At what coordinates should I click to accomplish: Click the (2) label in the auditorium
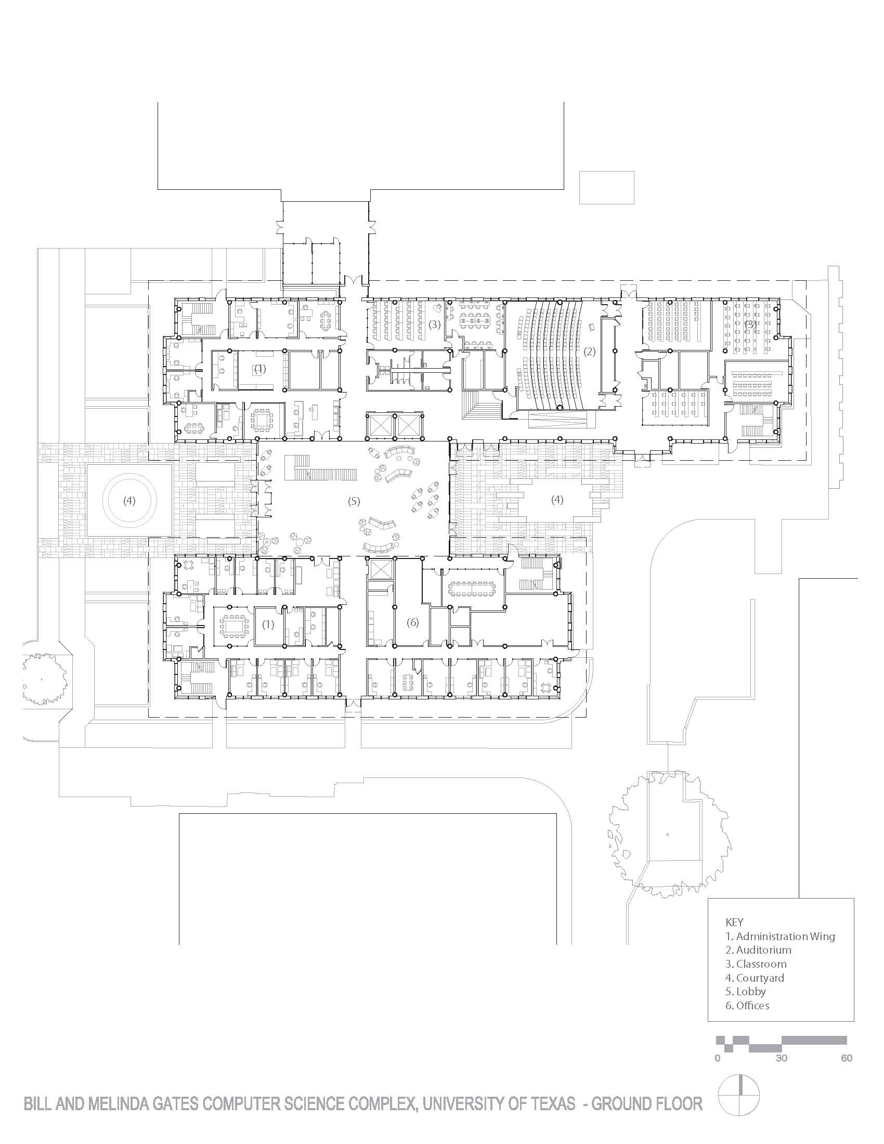coord(590,352)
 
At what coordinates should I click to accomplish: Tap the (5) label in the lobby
coord(354,501)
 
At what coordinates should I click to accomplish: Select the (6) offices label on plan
coord(413,622)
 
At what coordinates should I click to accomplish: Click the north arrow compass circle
coord(738,1109)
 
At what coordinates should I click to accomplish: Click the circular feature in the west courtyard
coord(129,500)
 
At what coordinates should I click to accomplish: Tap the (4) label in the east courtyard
coord(557,500)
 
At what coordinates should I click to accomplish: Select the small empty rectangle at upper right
coord(606,188)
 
